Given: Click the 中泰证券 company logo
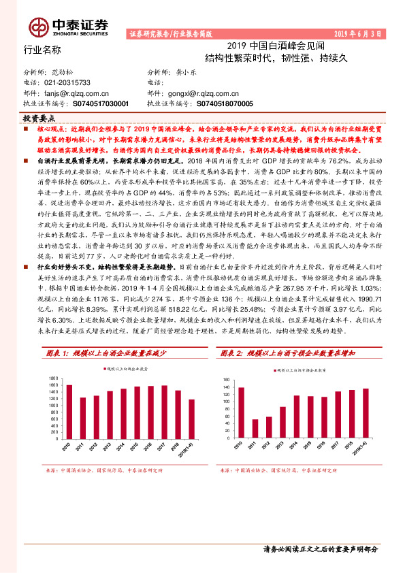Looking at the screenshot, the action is click(67, 26).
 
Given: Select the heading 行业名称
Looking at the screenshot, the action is click(42, 50).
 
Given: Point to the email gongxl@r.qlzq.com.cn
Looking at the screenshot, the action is click(205, 93).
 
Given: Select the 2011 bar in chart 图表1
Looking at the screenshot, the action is click(82, 419).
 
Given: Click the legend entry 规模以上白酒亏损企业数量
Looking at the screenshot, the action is click(304, 370).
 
